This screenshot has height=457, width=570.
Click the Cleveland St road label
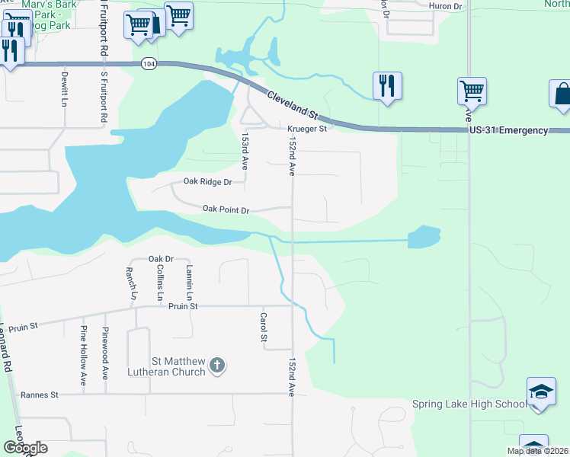(x=292, y=104)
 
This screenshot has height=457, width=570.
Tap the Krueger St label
(x=306, y=129)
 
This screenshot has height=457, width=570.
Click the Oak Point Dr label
(x=226, y=209)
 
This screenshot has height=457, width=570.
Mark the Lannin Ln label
(x=188, y=281)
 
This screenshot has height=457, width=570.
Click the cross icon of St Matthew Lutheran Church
(x=217, y=366)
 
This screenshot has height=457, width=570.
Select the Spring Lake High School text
(x=469, y=404)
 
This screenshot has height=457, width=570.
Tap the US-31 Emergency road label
(x=508, y=130)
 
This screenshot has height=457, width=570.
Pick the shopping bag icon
(x=562, y=94)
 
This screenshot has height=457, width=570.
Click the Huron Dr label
(x=447, y=6)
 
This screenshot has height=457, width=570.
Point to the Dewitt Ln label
(x=65, y=87)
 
